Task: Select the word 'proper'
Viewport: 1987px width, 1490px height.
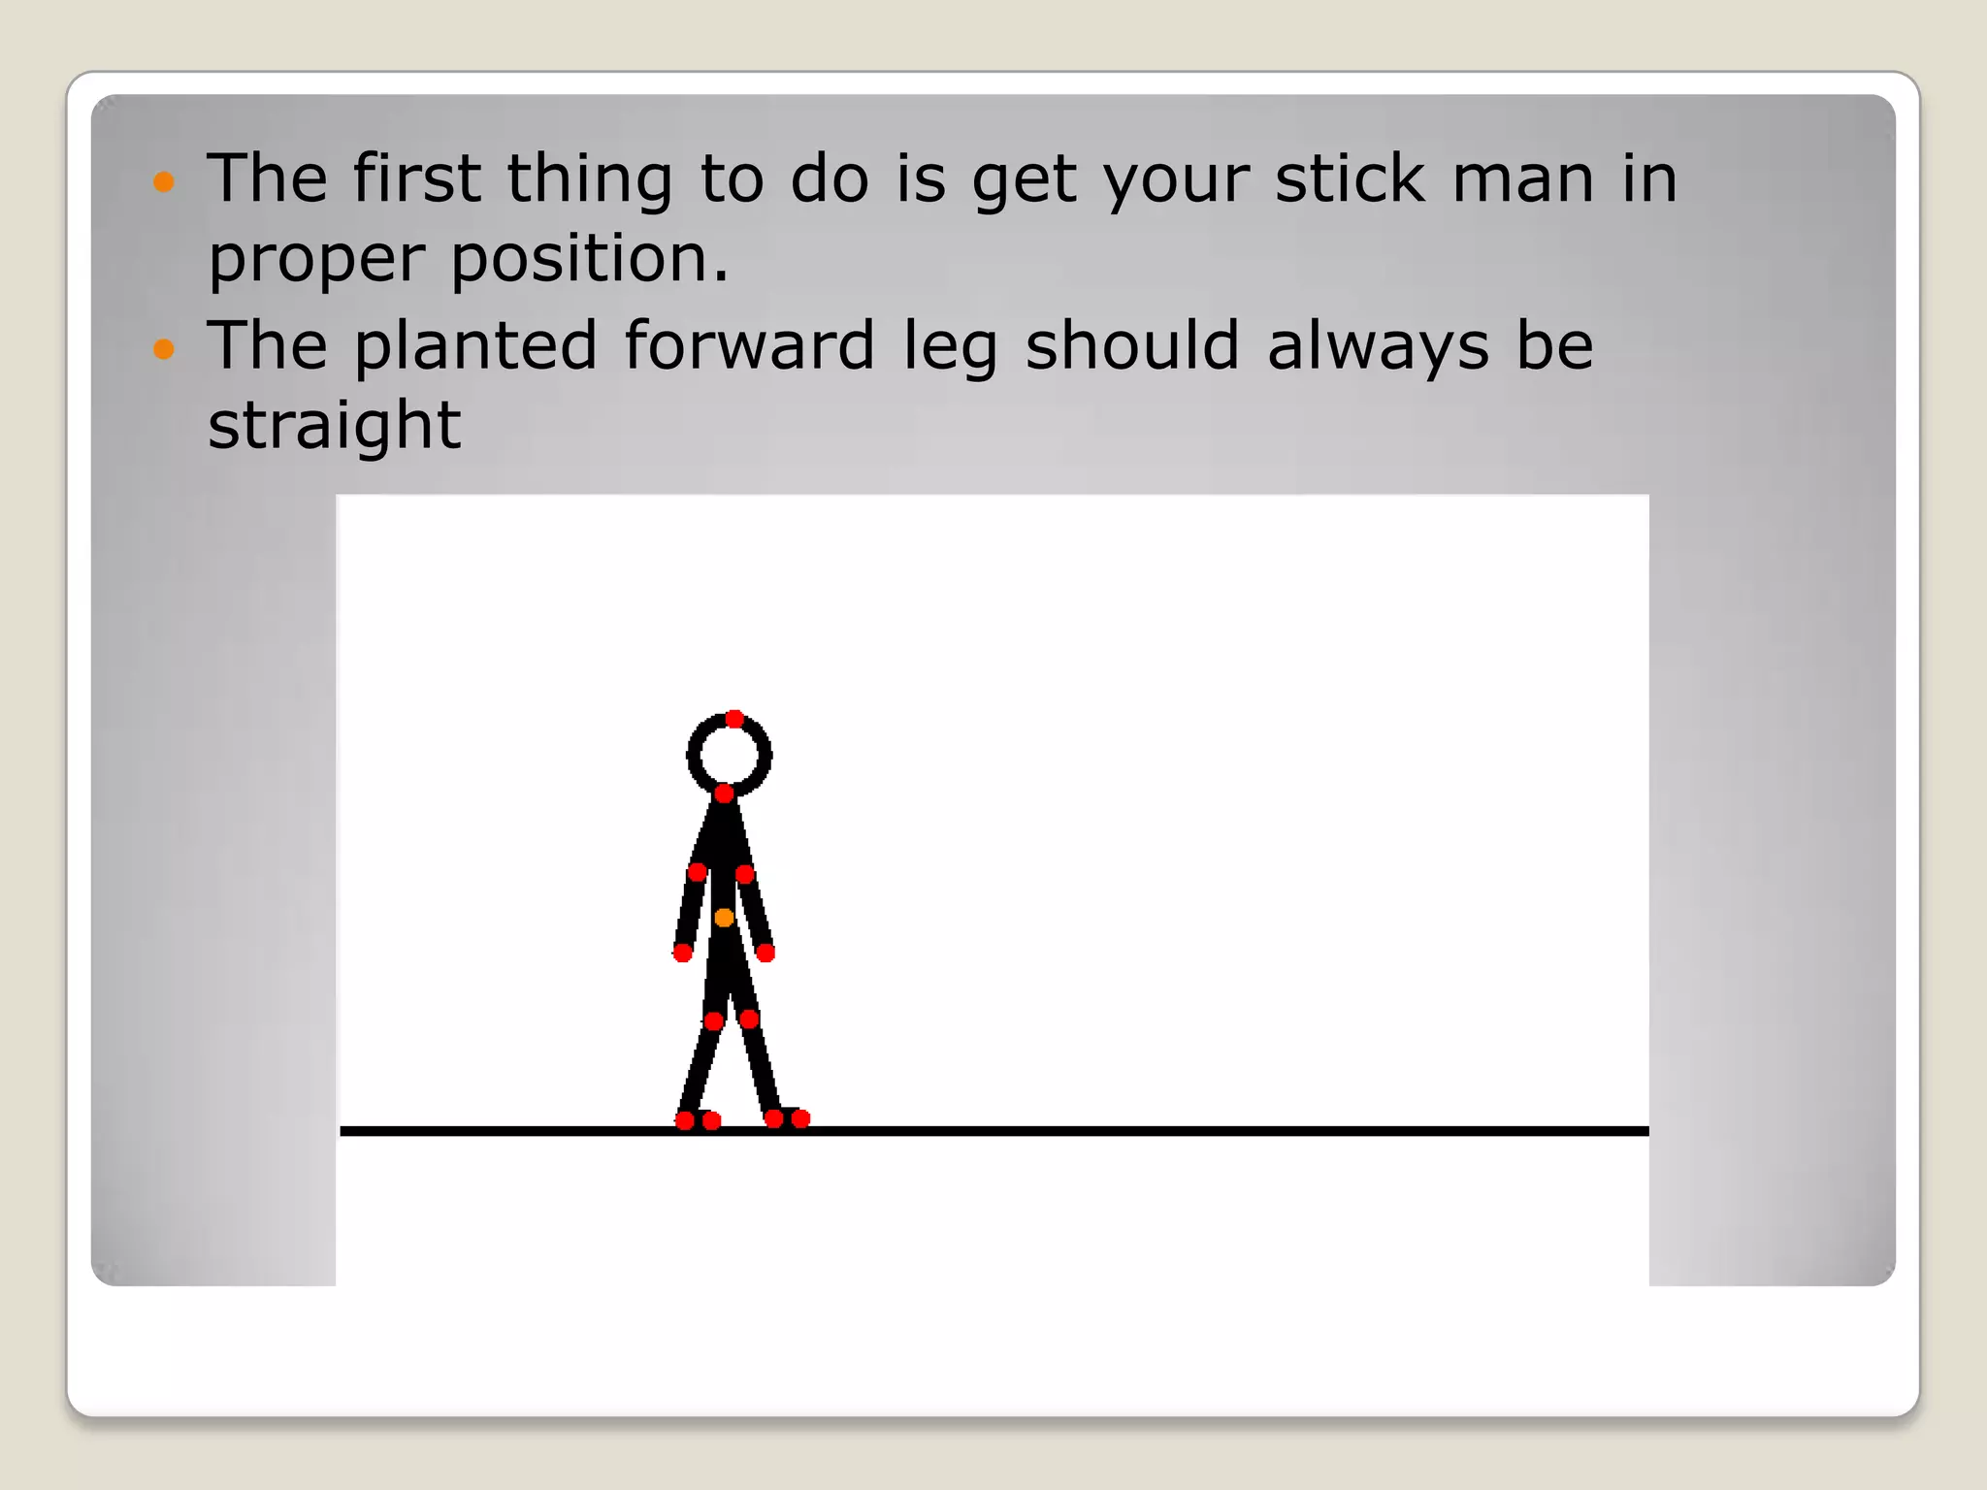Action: (x=316, y=260)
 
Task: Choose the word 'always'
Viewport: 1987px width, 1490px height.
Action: (x=1378, y=347)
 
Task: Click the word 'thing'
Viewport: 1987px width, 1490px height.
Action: (x=589, y=180)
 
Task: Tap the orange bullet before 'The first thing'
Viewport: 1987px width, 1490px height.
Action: (x=164, y=181)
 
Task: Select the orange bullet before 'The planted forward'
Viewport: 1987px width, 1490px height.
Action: (x=164, y=348)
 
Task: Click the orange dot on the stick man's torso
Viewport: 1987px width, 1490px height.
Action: (x=724, y=918)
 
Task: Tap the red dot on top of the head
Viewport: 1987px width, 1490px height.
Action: (x=734, y=719)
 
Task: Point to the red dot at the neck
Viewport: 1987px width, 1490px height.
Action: (x=724, y=794)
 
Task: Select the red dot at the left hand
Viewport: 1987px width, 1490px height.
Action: (x=682, y=953)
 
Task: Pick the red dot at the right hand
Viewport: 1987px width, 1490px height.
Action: (x=765, y=953)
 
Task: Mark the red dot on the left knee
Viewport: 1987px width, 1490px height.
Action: (x=713, y=1020)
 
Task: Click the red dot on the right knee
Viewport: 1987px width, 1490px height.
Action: (x=749, y=1019)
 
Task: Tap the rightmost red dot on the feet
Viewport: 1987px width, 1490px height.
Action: (x=800, y=1119)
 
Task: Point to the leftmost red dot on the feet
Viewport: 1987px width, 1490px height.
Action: (x=684, y=1121)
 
